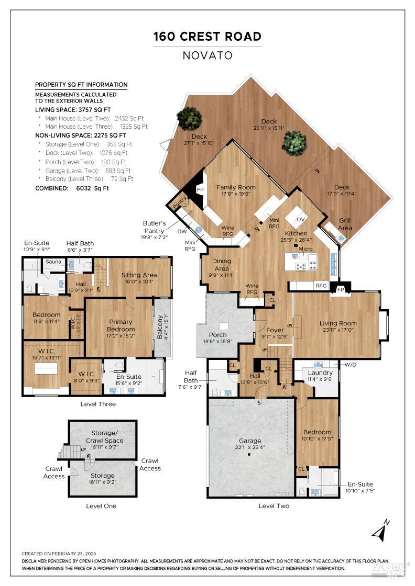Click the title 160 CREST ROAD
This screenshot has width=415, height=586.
(x=207, y=37)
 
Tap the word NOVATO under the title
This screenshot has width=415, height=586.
(x=207, y=55)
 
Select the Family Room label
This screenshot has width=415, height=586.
(x=236, y=187)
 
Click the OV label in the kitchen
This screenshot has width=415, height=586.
(x=301, y=219)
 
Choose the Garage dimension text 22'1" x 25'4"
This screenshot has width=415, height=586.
(x=249, y=447)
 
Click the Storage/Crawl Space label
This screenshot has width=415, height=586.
(x=103, y=436)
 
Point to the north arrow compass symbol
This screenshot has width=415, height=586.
(x=380, y=531)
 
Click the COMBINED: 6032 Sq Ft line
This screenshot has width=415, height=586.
(x=72, y=188)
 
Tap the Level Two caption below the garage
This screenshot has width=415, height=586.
(x=274, y=506)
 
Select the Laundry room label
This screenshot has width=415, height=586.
(x=320, y=373)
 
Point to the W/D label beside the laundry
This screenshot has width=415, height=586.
(x=350, y=364)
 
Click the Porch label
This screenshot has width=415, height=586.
(x=218, y=335)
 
